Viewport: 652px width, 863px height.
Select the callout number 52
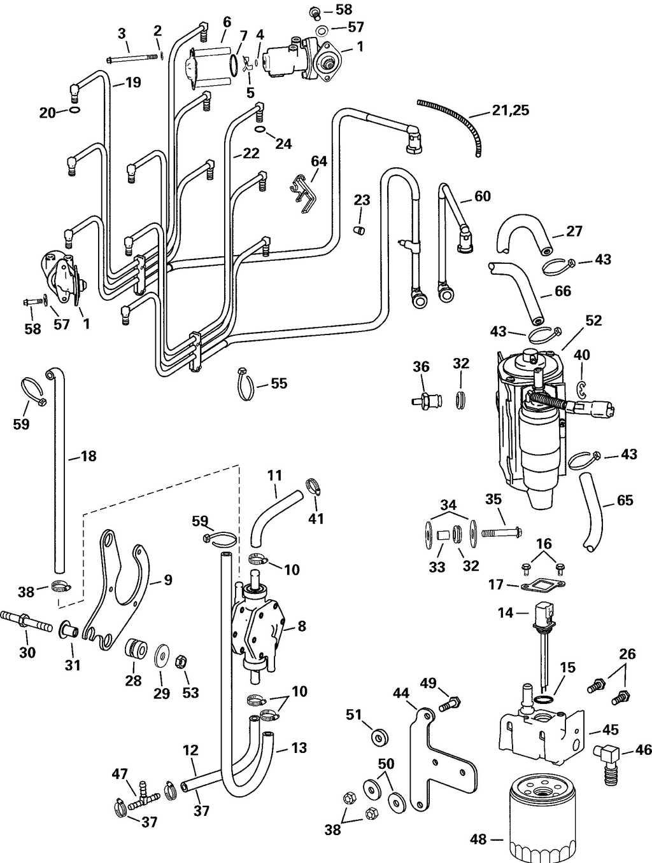coord(593,321)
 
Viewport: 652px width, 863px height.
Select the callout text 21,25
coord(511,111)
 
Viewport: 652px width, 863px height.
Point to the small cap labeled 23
coord(360,228)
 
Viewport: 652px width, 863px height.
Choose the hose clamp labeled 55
coord(244,385)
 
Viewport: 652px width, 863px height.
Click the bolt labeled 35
coord(500,530)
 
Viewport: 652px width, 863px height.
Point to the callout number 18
coord(89,457)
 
